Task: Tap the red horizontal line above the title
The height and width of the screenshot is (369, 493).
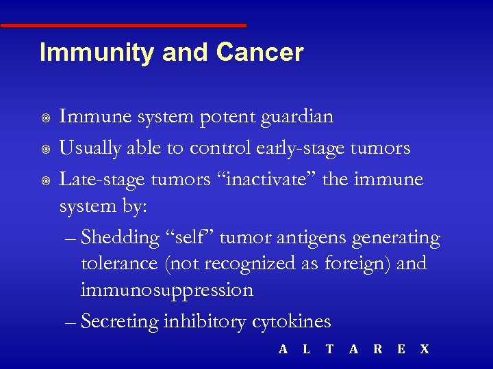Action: coord(123,26)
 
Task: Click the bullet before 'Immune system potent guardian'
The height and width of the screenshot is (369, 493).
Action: coord(45,118)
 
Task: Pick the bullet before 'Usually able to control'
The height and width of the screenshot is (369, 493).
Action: coord(45,149)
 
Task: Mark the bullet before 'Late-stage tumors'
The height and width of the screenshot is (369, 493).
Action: coord(45,180)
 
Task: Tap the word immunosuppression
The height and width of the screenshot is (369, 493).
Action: coord(166,290)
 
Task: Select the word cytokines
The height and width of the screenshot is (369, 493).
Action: coord(290,321)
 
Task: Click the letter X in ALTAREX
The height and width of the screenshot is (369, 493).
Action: coord(425,349)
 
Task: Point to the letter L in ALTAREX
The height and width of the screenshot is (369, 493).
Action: coord(306,349)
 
